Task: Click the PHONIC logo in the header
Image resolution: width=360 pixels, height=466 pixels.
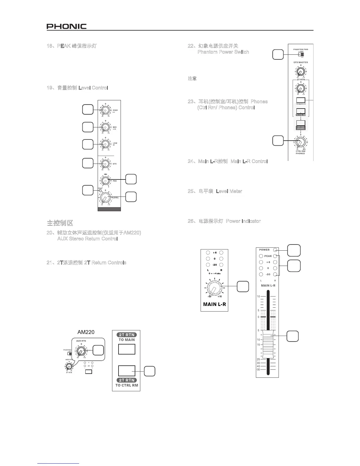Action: [x=66, y=26]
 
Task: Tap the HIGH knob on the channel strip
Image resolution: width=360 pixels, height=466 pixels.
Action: [x=104, y=110]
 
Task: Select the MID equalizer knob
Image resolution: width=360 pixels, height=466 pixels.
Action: [x=104, y=127]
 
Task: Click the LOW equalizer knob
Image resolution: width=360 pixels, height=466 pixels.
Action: [x=104, y=144]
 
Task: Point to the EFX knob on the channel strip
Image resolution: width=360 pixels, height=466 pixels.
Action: [x=104, y=164]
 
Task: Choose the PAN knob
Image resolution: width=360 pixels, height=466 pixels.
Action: [x=104, y=179]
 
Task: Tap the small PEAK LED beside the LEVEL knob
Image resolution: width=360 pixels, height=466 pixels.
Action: [x=100, y=191]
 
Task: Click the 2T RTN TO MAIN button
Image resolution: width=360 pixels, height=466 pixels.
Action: [x=127, y=349]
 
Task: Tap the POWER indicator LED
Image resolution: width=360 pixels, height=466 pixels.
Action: [x=275, y=250]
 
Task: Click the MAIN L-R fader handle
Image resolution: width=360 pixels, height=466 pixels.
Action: [x=268, y=344]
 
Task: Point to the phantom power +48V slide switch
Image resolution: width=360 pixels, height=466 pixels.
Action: [x=301, y=54]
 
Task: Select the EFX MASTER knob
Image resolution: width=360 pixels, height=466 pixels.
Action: [x=300, y=71]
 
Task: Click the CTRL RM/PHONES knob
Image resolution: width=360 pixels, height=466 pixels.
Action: [x=300, y=142]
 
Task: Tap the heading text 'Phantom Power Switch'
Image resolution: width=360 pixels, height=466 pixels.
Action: [x=223, y=52]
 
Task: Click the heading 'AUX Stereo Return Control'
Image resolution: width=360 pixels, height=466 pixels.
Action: [x=87, y=239]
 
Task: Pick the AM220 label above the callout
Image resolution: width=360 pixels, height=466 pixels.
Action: [x=86, y=332]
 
